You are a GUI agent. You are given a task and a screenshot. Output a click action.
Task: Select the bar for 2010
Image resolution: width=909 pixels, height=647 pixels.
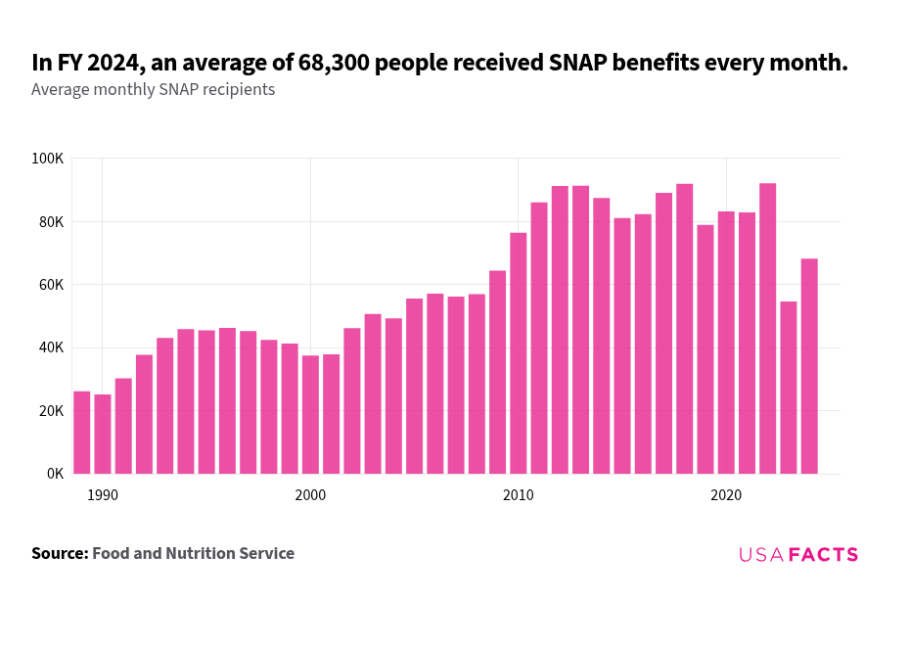tap(519, 353)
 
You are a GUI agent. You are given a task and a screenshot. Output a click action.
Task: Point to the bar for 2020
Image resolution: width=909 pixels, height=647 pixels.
tap(726, 343)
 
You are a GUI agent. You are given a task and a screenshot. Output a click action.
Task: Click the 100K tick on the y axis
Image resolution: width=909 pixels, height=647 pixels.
tap(47, 159)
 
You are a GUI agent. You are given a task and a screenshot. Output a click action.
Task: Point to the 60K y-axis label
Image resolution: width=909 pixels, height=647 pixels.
tap(50, 285)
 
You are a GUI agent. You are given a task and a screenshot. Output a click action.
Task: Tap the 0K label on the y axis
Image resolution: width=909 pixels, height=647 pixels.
tap(54, 474)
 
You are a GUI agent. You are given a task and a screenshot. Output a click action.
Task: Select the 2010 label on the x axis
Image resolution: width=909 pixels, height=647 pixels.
tap(519, 495)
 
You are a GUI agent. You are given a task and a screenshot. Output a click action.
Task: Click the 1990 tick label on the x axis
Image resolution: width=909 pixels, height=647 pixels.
tap(103, 495)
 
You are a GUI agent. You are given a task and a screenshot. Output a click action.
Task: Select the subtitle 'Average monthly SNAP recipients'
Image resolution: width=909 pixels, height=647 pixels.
tap(153, 90)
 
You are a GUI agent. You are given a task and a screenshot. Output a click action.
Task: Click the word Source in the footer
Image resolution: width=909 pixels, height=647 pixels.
tap(59, 554)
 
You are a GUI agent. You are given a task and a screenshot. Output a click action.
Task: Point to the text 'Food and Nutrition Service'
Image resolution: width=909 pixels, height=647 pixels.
tap(193, 554)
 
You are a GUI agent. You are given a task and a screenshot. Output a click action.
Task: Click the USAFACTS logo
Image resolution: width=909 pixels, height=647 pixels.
tap(798, 555)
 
